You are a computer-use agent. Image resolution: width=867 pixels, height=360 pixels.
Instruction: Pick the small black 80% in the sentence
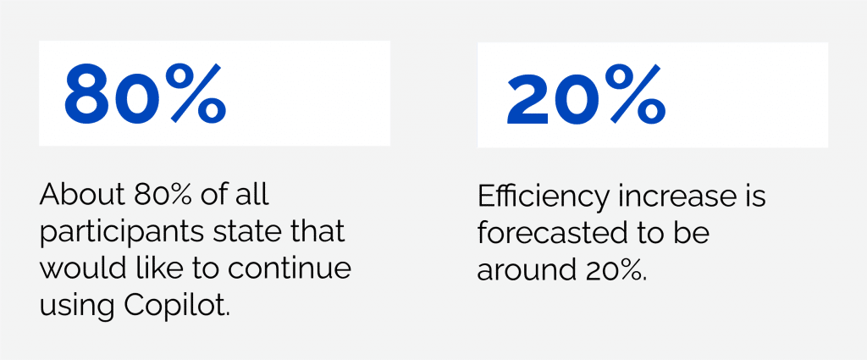[162, 197]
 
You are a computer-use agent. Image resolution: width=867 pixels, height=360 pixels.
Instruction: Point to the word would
[76, 268]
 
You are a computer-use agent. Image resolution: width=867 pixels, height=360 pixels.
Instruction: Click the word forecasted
[564, 233]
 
